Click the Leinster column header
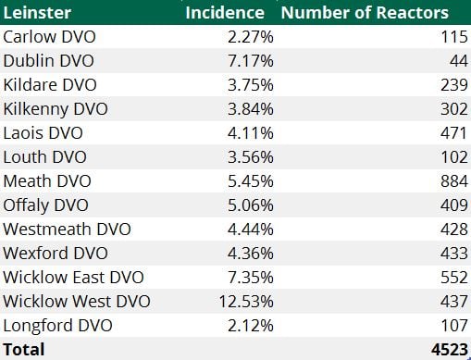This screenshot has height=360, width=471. click(37, 12)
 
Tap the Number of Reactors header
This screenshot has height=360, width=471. click(365, 12)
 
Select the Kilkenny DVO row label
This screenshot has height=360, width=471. click(55, 108)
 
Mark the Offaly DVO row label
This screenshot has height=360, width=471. click(46, 205)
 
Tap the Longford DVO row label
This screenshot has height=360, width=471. click(57, 325)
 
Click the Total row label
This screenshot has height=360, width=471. click(23, 349)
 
